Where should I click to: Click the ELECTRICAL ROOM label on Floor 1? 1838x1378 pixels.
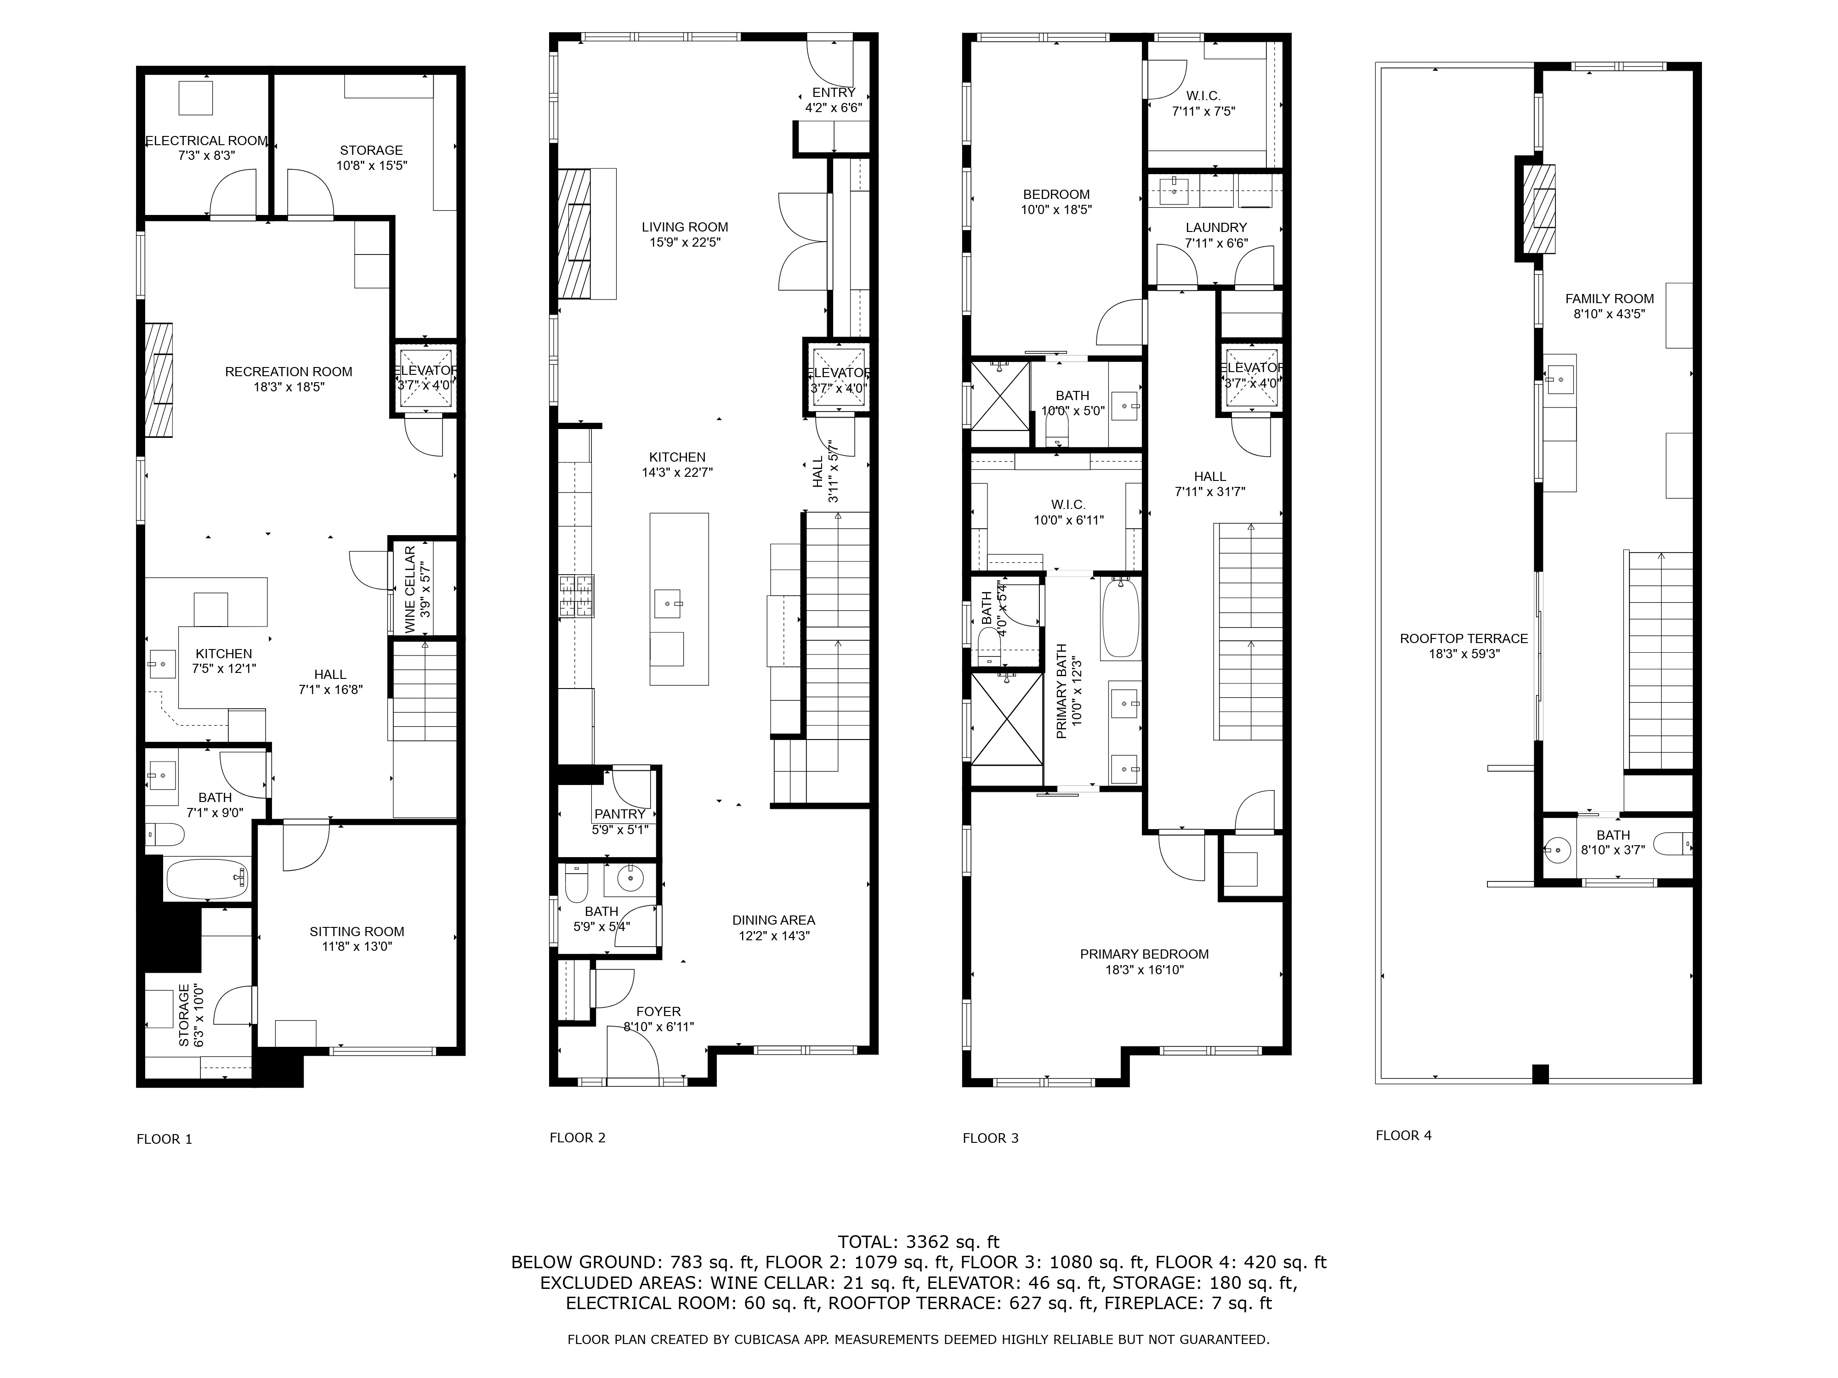(x=207, y=141)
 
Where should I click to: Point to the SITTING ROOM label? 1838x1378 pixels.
(x=357, y=931)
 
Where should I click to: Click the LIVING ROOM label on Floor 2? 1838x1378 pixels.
(x=685, y=227)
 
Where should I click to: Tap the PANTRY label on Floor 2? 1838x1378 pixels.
(x=620, y=814)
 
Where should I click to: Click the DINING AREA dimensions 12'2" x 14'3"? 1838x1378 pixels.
(x=774, y=935)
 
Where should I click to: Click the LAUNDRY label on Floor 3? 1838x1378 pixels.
(x=1216, y=227)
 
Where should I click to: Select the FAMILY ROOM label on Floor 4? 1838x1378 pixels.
(x=1610, y=298)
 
